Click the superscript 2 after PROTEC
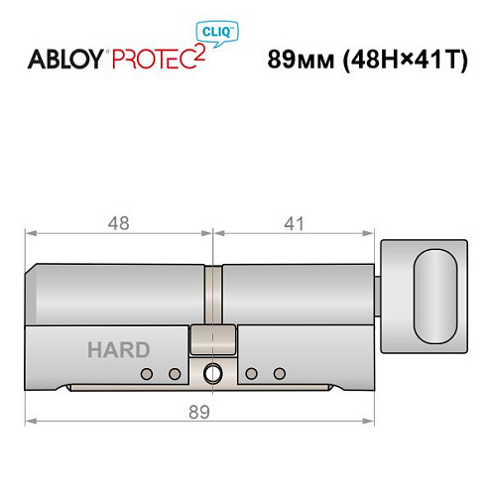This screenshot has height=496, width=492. point(202,50)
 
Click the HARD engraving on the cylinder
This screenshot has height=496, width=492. point(118,349)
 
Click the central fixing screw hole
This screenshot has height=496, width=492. point(211,374)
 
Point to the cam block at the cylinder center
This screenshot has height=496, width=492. point(211,339)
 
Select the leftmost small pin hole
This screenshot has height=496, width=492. point(146,374)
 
